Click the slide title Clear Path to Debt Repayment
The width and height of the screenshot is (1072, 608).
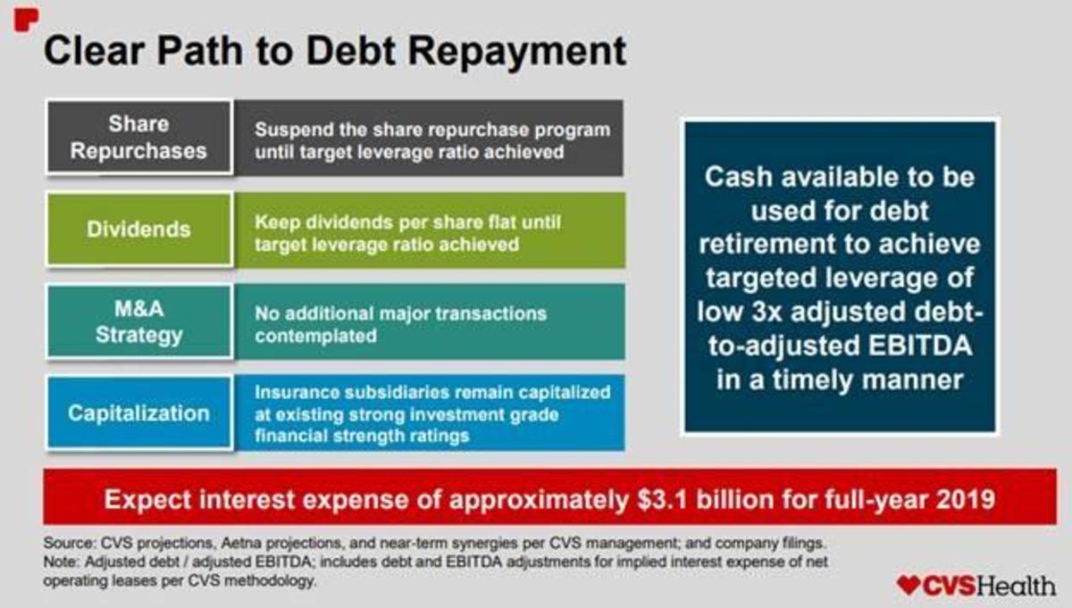[334, 51]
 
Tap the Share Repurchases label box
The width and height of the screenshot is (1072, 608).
[138, 137]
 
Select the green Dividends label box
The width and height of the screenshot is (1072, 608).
[138, 229]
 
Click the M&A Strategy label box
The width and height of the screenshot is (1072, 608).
[138, 321]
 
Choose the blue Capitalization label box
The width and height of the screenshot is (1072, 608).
[138, 413]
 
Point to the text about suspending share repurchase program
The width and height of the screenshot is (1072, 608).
[432, 140]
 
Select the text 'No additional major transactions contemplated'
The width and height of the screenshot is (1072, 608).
[400, 324]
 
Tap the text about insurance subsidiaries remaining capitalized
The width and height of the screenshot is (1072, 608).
[432, 414]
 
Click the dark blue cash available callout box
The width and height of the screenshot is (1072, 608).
[839, 278]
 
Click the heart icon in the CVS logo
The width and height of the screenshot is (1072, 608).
[908, 585]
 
